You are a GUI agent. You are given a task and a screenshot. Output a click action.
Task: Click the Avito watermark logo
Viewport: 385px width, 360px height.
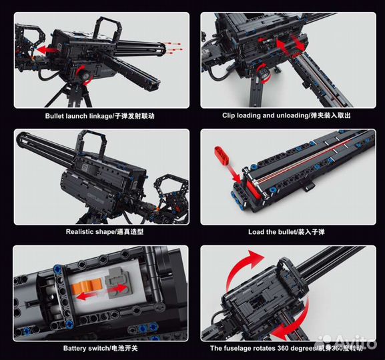pyautogui.click(x=346, y=342)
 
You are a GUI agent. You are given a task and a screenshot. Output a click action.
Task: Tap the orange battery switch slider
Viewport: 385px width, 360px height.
pyautogui.click(x=87, y=287)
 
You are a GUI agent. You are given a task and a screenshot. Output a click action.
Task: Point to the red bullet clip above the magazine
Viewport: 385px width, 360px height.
pyautogui.click(x=222, y=155)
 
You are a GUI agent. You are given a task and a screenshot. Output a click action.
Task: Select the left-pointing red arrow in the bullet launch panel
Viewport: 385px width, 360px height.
pyautogui.click(x=47, y=49)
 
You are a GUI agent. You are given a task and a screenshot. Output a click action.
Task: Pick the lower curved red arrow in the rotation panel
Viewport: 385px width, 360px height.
pyautogui.click(x=295, y=324)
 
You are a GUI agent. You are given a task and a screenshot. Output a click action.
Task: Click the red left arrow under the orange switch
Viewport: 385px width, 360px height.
pyautogui.click(x=85, y=297)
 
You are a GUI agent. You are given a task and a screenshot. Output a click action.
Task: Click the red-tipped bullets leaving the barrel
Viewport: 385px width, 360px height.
pyautogui.click(x=173, y=48)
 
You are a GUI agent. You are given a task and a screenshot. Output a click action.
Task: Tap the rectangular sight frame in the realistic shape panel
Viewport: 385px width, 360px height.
pyautogui.click(x=91, y=143)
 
